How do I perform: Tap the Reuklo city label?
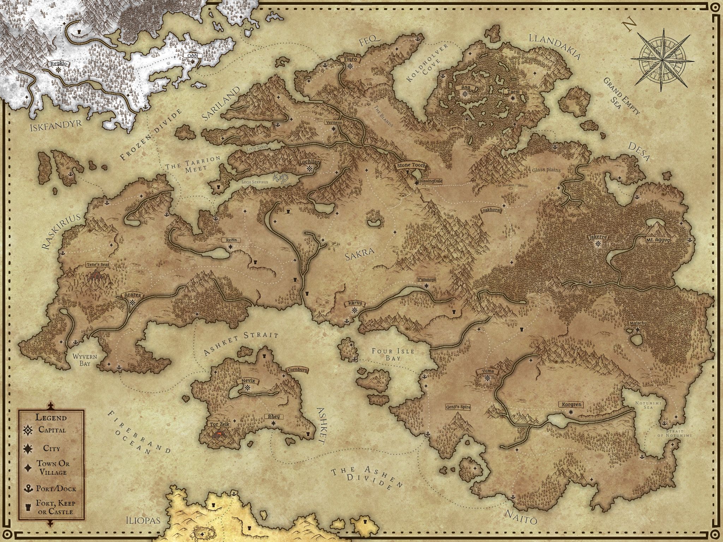point(59,64)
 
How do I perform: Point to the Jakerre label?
point(598,237)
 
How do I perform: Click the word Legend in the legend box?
point(51,417)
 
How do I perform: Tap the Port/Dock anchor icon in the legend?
point(28,489)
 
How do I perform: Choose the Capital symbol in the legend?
point(28,430)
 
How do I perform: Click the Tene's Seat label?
point(97,264)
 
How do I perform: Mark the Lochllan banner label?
point(310,162)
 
